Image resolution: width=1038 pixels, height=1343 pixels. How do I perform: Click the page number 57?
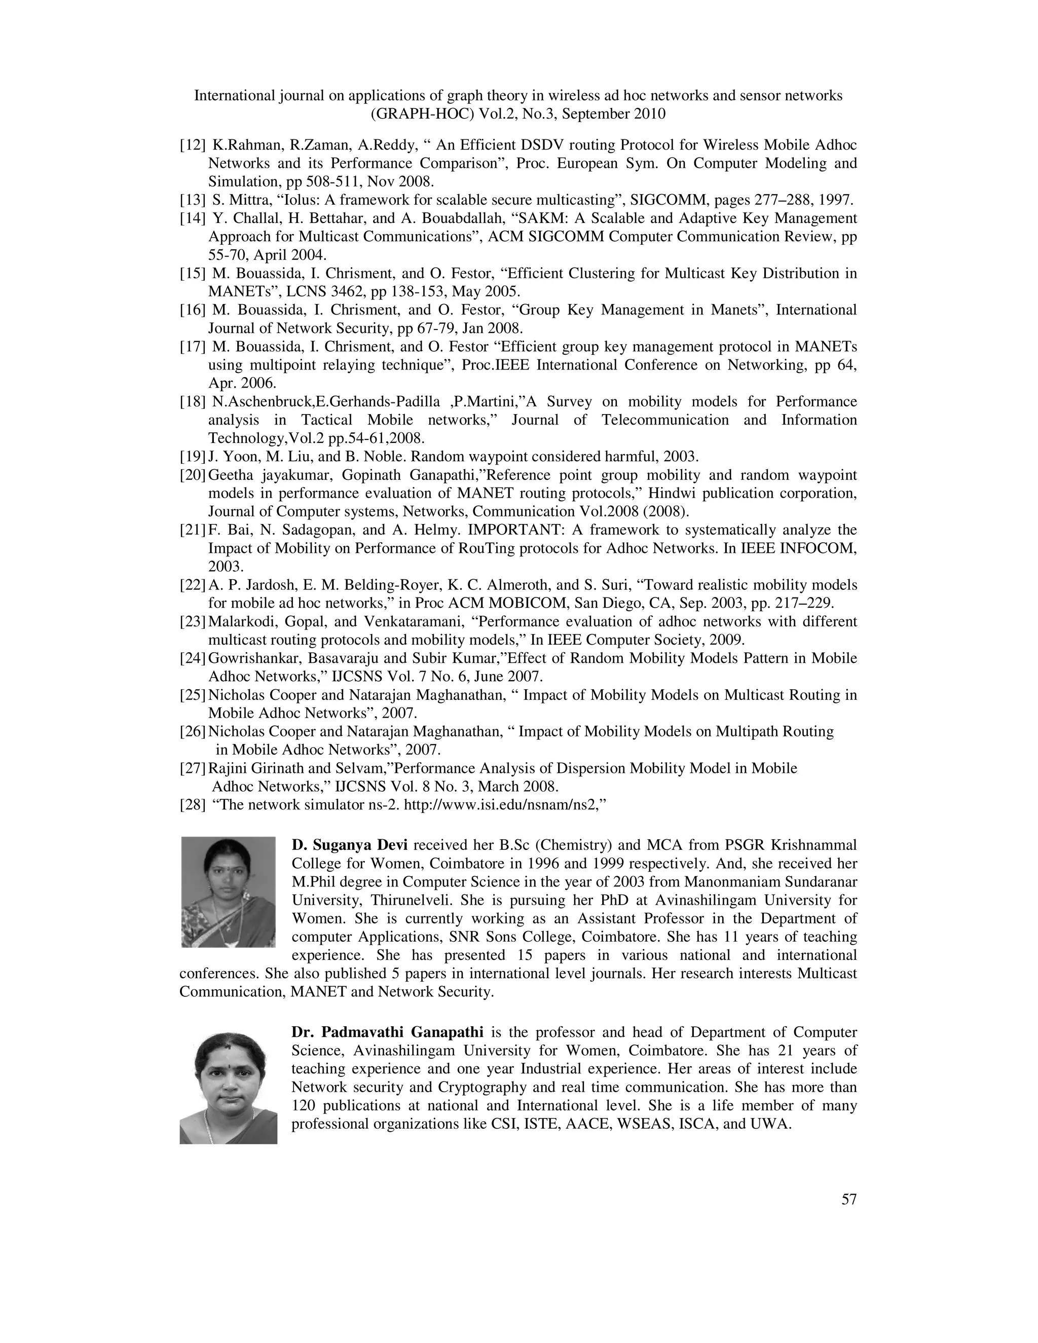pyautogui.click(x=848, y=1199)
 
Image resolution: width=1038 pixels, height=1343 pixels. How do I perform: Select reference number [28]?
pyautogui.click(x=193, y=804)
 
